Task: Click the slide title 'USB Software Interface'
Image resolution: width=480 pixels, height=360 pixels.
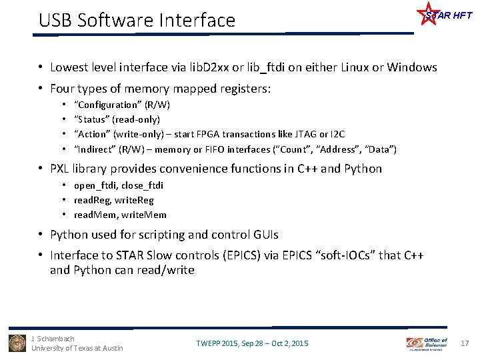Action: point(137,21)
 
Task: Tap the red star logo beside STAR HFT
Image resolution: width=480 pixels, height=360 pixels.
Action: point(427,13)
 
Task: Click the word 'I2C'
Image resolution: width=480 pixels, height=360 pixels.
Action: point(336,134)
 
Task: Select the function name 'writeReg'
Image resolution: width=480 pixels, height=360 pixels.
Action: point(135,200)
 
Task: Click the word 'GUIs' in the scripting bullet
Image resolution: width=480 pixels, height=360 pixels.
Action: point(265,235)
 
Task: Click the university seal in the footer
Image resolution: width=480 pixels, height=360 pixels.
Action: point(17,343)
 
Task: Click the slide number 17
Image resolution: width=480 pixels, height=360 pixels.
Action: point(465,343)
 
